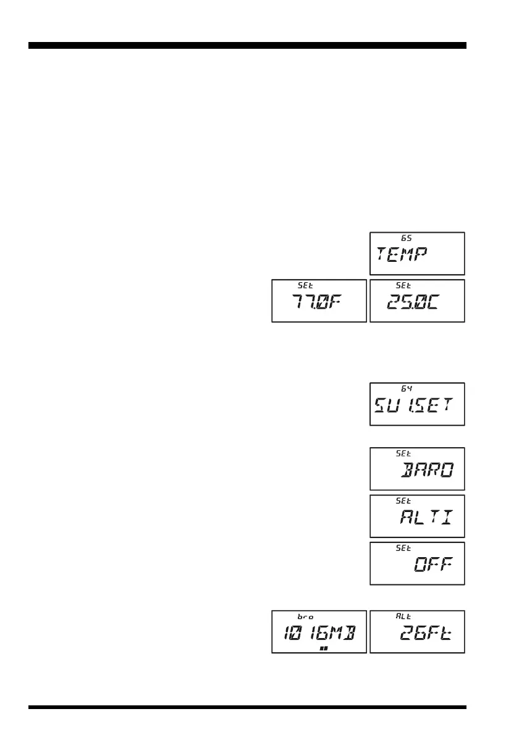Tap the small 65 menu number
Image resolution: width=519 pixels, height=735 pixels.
405,238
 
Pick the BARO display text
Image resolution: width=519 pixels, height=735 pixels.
427,471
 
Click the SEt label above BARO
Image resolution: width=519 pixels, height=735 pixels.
403,453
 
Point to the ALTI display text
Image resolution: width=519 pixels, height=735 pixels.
426,519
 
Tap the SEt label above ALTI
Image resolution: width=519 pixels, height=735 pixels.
403,501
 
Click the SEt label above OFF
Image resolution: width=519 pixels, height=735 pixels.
403,548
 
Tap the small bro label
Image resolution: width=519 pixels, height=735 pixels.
305,616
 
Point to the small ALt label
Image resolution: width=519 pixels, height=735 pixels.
403,616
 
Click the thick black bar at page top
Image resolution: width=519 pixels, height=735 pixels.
247,45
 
